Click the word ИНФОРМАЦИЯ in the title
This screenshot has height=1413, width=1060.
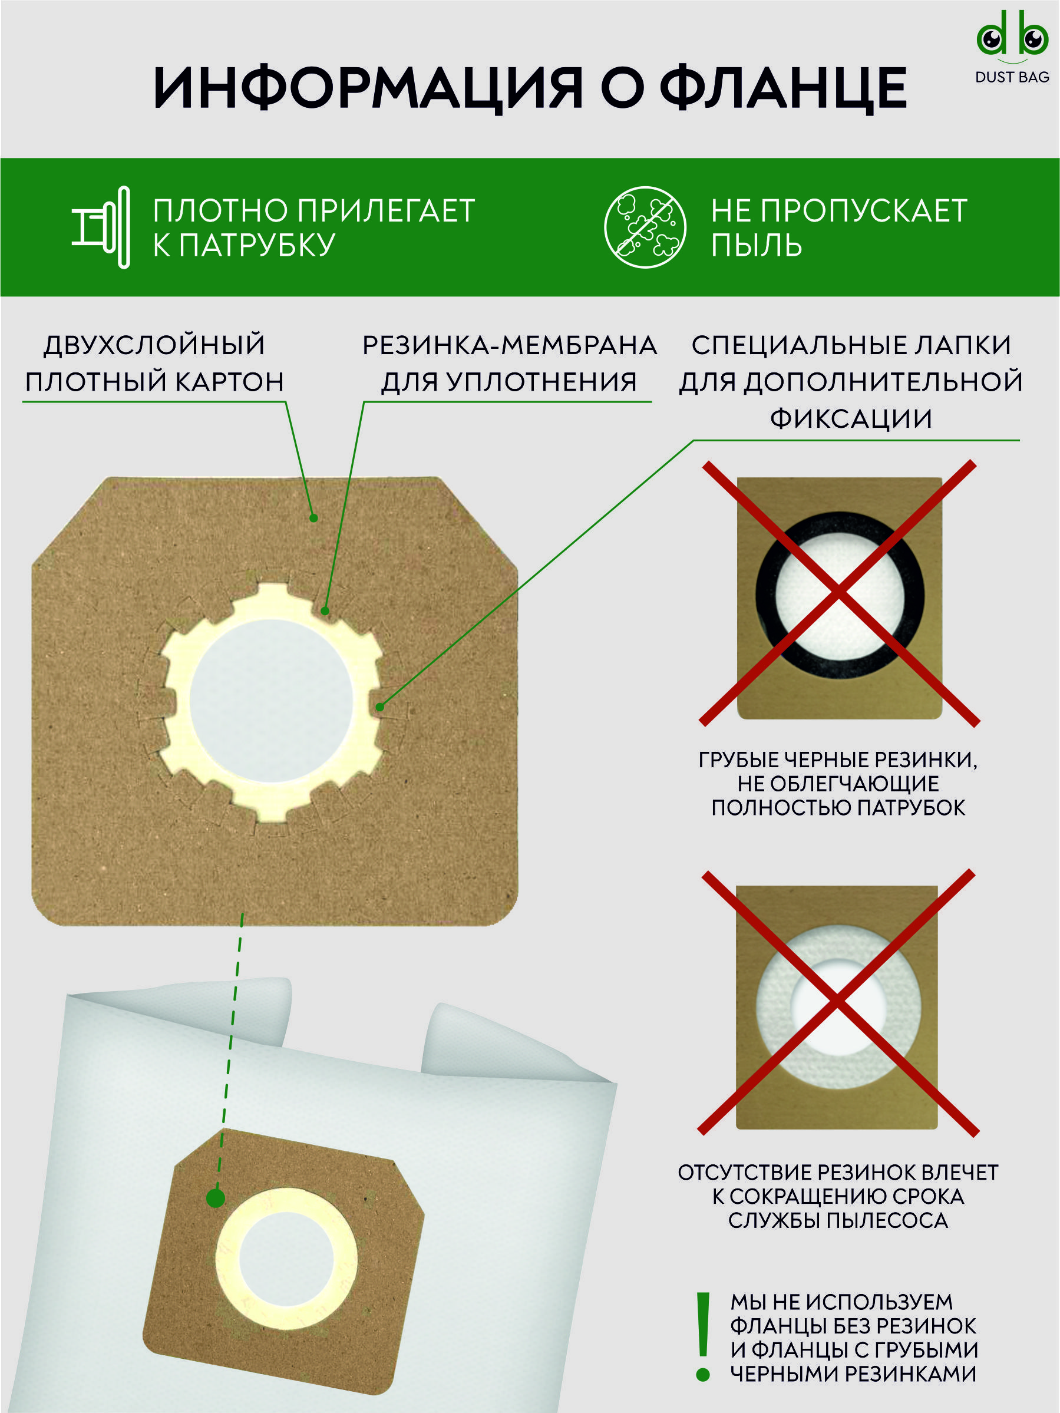pyautogui.click(x=368, y=88)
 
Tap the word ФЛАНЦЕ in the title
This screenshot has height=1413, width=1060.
pyautogui.click(x=783, y=88)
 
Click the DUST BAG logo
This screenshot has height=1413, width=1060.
pyautogui.click(x=1013, y=47)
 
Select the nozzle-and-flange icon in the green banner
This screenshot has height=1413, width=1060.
pyautogui.click(x=101, y=227)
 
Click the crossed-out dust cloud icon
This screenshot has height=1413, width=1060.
pyautogui.click(x=645, y=227)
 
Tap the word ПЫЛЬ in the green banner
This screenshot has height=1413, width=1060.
pyautogui.click(x=757, y=245)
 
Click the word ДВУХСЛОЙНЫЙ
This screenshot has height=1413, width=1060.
pyautogui.click(x=154, y=345)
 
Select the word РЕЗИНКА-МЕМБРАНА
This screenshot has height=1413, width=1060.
pyautogui.click(x=510, y=345)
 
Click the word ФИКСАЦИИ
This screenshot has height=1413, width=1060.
pyautogui.click(x=851, y=418)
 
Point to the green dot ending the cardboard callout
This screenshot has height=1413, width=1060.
pyautogui.click(x=313, y=518)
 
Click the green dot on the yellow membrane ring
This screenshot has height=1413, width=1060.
pyautogui.click(x=325, y=611)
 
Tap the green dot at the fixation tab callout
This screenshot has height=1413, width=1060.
pyautogui.click(x=380, y=707)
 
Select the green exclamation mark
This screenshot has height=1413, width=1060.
pyautogui.click(x=704, y=1338)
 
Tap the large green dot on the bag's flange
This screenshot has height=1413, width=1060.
pyautogui.click(x=216, y=1198)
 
